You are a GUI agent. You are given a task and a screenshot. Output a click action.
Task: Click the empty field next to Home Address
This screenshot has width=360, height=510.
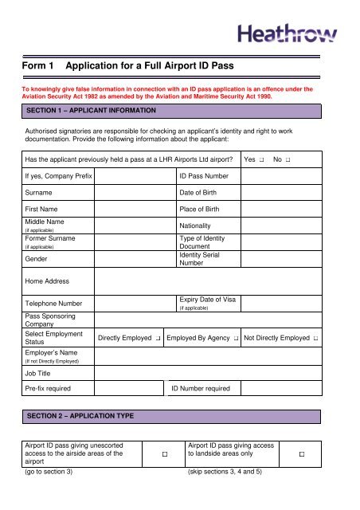pyautogui.click(x=208, y=280)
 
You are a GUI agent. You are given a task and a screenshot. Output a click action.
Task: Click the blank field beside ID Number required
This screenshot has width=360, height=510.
pyautogui.click(x=280, y=389)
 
